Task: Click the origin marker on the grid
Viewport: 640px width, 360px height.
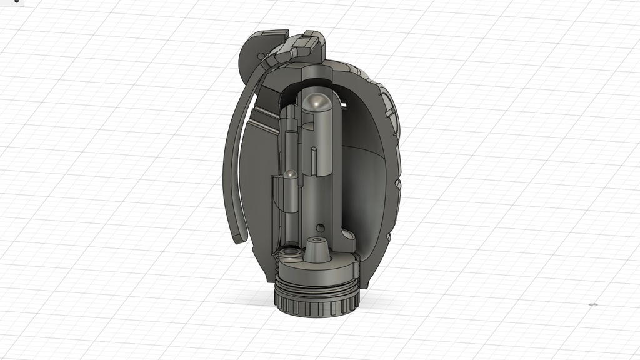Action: [593, 304]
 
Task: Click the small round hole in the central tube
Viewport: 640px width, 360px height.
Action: [321, 227]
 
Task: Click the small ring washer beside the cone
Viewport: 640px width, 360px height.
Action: [289, 254]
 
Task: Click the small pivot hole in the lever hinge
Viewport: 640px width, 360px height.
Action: [261, 56]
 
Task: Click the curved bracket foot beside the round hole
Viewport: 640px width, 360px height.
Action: [345, 237]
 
